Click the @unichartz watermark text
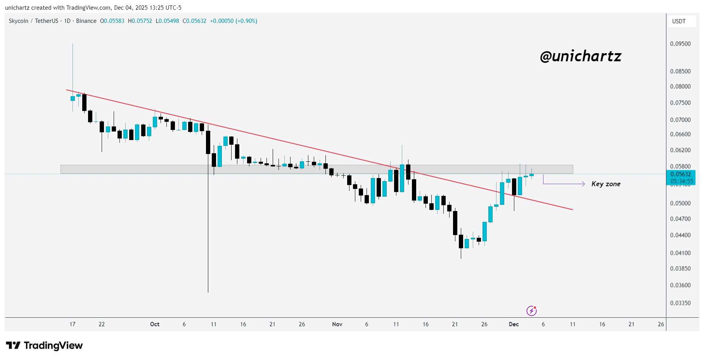(580, 57)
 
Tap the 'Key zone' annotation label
(605, 184)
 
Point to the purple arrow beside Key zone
(564, 183)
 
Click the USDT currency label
(679, 21)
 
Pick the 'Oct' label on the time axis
(155, 324)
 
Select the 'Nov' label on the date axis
(337, 324)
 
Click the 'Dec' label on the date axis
(514, 324)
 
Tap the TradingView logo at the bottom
(45, 345)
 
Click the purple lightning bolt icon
(531, 311)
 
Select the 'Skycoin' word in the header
(19, 21)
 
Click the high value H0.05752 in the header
(140, 21)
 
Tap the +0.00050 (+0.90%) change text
(234, 21)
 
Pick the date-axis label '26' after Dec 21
(661, 324)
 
